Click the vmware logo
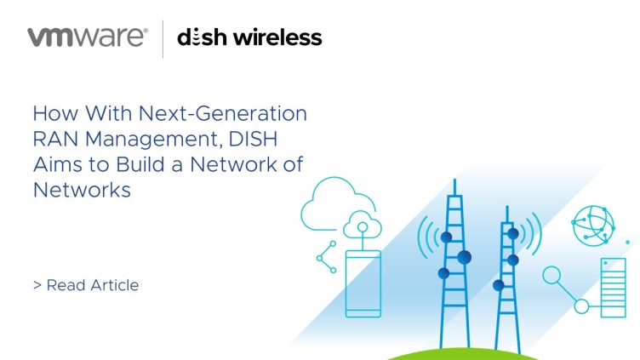coord(88,37)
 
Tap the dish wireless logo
coord(249,37)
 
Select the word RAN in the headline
coord(56,139)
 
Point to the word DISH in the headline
coord(253,139)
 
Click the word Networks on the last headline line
coord(82,190)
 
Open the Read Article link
coord(86,285)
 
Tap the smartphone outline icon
coord(363,283)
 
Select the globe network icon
coord(593,226)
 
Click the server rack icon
coord(613,288)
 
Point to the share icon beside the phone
coord(327,257)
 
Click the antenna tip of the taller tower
coord(454,179)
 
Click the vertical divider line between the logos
coord(163,39)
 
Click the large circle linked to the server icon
coord(551,275)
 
